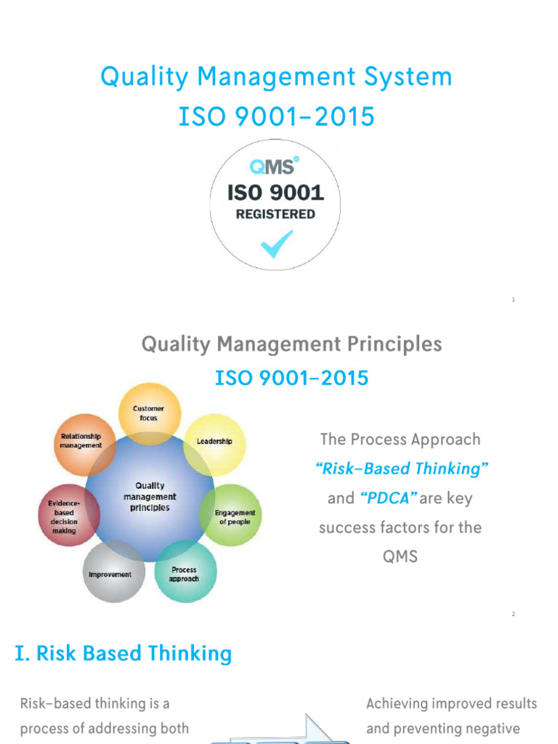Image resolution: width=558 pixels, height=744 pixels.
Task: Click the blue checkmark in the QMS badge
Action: pyautogui.click(x=276, y=244)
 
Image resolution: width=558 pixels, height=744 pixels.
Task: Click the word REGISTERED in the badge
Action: pyautogui.click(x=275, y=214)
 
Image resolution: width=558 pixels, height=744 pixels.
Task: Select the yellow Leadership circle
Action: pyautogui.click(x=214, y=442)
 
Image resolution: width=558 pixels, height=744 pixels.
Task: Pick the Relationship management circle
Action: pyautogui.click(x=81, y=441)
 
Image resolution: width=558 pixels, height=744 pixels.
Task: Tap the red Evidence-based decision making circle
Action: pyautogui.click(x=64, y=516)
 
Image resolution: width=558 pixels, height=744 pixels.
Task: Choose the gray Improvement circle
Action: pyautogui.click(x=110, y=574)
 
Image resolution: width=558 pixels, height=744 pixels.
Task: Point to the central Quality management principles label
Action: pyautogui.click(x=150, y=496)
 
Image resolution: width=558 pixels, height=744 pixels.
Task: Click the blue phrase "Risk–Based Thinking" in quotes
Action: pyautogui.click(x=402, y=469)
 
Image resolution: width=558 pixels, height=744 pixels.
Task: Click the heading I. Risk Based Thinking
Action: pyautogui.click(x=124, y=653)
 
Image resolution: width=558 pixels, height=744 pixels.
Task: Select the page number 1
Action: pyautogui.click(x=513, y=299)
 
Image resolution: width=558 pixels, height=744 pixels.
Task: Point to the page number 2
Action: pyautogui.click(x=513, y=614)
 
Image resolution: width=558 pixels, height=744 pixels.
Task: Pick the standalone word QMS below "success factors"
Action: pyautogui.click(x=400, y=557)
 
